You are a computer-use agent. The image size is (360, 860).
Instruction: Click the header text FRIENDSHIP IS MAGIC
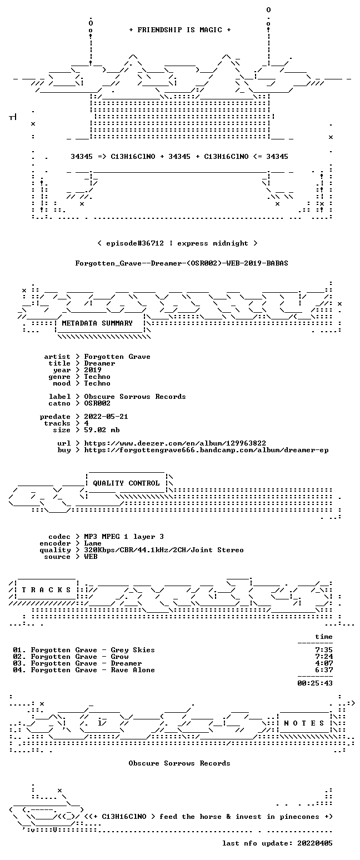tap(180, 30)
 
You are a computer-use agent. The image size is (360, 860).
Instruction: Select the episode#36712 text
tap(134, 243)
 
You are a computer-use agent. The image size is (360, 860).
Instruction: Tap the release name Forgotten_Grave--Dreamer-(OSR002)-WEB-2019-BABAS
tap(182, 263)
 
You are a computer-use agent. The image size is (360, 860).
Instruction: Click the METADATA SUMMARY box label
tap(97, 323)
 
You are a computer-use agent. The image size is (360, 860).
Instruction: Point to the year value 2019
tap(93, 370)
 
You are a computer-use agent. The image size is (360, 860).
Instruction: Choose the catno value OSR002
tap(97, 403)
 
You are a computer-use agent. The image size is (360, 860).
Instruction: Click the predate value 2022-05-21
tap(106, 417)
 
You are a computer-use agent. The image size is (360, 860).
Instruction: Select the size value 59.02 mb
tap(102, 430)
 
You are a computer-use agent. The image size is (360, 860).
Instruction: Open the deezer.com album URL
tap(175, 443)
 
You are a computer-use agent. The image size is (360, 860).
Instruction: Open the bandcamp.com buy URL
tap(206, 450)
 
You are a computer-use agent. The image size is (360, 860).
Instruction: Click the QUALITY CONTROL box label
tap(126, 483)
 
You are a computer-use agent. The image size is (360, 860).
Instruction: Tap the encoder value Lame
tap(93, 543)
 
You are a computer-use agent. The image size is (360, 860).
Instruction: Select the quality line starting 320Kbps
tap(164, 550)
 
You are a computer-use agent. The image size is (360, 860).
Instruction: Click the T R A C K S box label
tap(47, 589)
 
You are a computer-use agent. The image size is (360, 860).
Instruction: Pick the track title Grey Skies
tap(133, 649)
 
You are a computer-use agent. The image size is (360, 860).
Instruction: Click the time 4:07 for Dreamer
tap(324, 663)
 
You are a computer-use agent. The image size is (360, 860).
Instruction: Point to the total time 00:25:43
tap(315, 683)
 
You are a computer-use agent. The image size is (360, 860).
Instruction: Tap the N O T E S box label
tap(304, 723)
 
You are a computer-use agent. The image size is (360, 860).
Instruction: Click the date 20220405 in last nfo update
tap(315, 843)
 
